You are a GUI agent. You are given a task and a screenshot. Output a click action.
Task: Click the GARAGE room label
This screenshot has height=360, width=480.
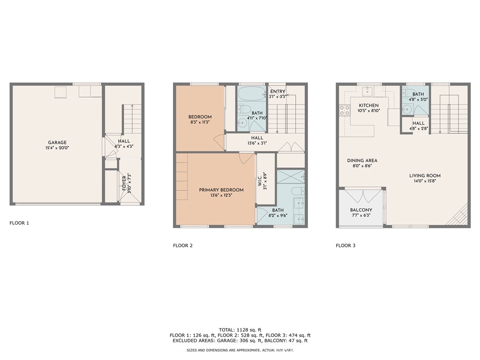click(57, 142)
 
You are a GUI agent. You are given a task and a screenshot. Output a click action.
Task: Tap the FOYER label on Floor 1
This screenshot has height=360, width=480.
click(124, 183)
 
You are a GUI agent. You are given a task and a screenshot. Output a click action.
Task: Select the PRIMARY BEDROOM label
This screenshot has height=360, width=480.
click(221, 190)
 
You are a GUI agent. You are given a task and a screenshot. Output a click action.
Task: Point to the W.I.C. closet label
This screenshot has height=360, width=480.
click(260, 180)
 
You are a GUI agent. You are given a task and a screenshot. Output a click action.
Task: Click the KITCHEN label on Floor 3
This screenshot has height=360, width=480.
click(369, 105)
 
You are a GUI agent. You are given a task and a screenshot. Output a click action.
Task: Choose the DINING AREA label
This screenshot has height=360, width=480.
click(362, 160)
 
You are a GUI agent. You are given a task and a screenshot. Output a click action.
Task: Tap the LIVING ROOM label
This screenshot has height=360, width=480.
click(425, 175)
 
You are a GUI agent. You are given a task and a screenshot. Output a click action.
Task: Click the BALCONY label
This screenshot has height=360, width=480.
click(361, 210)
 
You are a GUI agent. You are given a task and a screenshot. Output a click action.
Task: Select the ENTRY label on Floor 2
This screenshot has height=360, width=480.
click(277, 91)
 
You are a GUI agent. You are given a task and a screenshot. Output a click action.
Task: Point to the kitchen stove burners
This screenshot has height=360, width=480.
click(345, 110)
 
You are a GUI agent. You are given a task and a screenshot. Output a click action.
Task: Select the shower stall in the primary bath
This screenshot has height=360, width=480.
click(291, 177)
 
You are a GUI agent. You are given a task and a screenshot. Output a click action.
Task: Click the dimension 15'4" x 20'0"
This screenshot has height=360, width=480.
click(57, 148)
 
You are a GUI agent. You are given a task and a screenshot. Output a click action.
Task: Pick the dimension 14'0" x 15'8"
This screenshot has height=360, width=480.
click(425, 181)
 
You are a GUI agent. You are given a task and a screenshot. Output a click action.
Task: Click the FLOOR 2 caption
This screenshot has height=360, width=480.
click(183, 246)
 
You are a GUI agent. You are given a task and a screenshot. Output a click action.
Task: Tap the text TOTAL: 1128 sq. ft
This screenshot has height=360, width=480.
click(240, 330)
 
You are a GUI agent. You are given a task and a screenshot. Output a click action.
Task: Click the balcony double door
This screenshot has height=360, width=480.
click(362, 196)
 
